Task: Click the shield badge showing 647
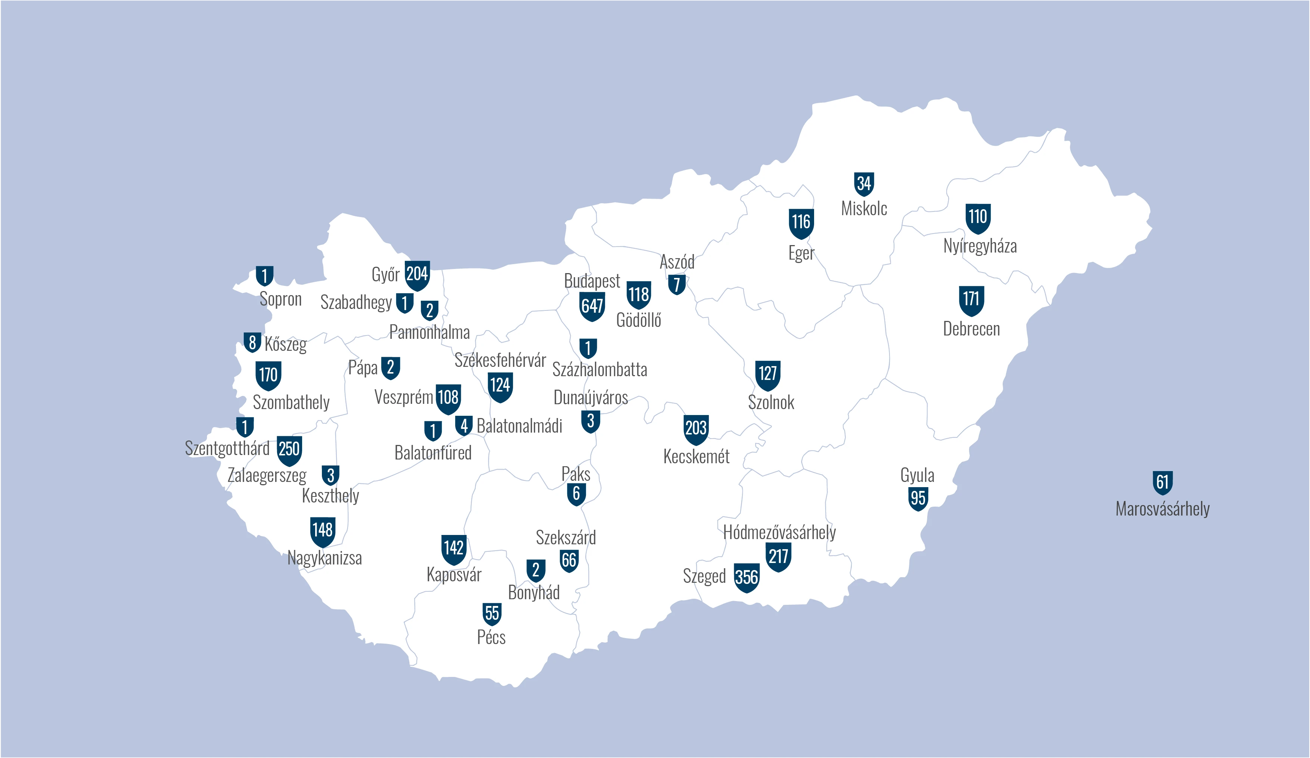(x=592, y=306)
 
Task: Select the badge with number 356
(x=746, y=577)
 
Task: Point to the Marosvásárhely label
(x=1162, y=508)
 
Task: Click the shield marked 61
(x=1162, y=482)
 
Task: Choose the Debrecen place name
(x=971, y=329)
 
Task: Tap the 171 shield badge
(x=971, y=300)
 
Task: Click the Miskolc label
(x=864, y=208)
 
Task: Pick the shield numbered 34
(x=864, y=183)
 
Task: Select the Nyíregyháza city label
(x=980, y=245)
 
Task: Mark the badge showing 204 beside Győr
(x=417, y=275)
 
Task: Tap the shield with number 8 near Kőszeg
(x=252, y=343)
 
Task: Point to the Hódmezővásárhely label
(x=779, y=532)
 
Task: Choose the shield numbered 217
(x=778, y=556)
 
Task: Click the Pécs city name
(x=491, y=637)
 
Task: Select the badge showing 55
(x=492, y=613)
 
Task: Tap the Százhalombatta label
(x=599, y=369)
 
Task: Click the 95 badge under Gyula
(x=918, y=498)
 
